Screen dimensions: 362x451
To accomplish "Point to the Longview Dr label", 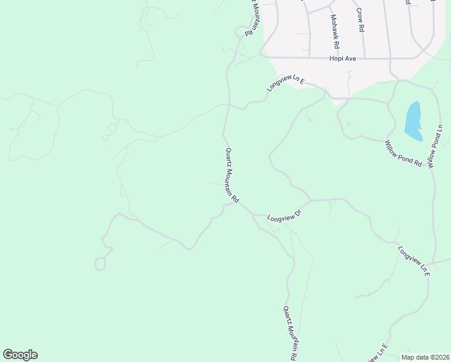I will (284, 215).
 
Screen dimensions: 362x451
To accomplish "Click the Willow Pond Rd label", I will (403, 153).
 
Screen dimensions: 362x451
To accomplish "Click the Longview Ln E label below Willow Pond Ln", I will (414, 261).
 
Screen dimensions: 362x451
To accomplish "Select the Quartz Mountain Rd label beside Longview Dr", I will (232, 176).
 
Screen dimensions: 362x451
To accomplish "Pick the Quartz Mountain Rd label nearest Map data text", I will (290, 332).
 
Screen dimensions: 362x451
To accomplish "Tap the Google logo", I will (20, 355).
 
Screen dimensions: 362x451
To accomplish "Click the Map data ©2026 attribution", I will (425, 357).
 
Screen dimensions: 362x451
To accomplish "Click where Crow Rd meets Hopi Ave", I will (364, 59).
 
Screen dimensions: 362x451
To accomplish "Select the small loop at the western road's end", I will (100, 264).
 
